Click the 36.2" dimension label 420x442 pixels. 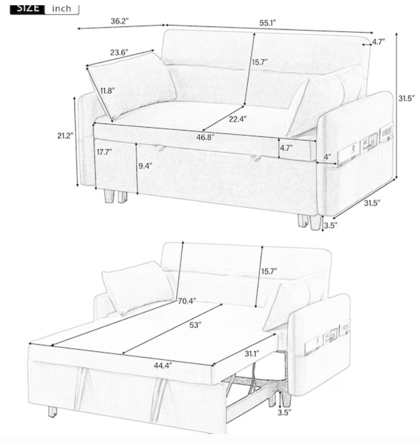(119, 21)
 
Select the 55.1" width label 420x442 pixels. (267, 23)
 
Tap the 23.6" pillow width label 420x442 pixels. (119, 53)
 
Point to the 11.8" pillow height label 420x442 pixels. (107, 91)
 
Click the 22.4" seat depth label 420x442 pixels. (237, 119)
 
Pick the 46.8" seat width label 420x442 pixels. (206, 137)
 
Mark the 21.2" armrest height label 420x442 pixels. (66, 136)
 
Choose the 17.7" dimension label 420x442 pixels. (104, 152)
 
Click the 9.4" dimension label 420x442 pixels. (145, 166)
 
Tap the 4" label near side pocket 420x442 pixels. (327, 157)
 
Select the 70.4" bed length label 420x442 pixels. (187, 301)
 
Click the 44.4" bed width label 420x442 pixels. (163, 366)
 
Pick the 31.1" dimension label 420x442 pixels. (252, 354)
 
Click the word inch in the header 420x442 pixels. (62, 8)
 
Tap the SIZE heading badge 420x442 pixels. (28, 8)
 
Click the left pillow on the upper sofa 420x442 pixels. (131, 86)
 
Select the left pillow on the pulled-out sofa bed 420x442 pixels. (138, 287)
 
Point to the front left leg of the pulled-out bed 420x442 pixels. (52, 412)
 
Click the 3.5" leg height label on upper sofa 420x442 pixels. (330, 225)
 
